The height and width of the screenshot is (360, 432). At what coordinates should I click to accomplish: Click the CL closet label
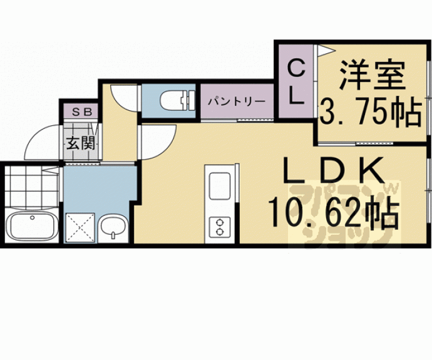click(x=296, y=82)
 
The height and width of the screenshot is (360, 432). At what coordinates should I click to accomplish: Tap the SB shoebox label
click(x=82, y=113)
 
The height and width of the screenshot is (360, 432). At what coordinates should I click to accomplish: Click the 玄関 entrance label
click(x=81, y=143)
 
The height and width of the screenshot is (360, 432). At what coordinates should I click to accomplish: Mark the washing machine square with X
click(x=80, y=227)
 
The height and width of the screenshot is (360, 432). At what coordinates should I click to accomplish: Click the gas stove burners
click(x=220, y=225)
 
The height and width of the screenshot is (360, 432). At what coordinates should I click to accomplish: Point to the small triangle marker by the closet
click(x=322, y=49)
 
